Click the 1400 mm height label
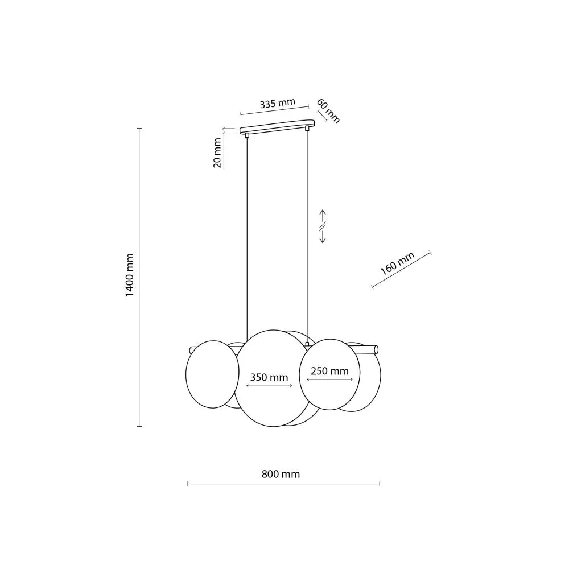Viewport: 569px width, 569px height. tap(130, 275)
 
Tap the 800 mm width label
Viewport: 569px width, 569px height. tap(281, 474)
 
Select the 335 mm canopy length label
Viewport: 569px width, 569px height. tap(278, 104)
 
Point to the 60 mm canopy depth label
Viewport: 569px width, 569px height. tap(328, 111)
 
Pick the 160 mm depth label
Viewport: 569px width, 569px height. tap(397, 264)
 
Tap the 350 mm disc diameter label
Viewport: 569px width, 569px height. tap(269, 377)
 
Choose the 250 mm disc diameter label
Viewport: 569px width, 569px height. tap(330, 371)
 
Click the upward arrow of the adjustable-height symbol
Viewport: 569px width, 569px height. tap(323, 216)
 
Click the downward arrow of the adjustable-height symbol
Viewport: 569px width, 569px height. tap(323, 237)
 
